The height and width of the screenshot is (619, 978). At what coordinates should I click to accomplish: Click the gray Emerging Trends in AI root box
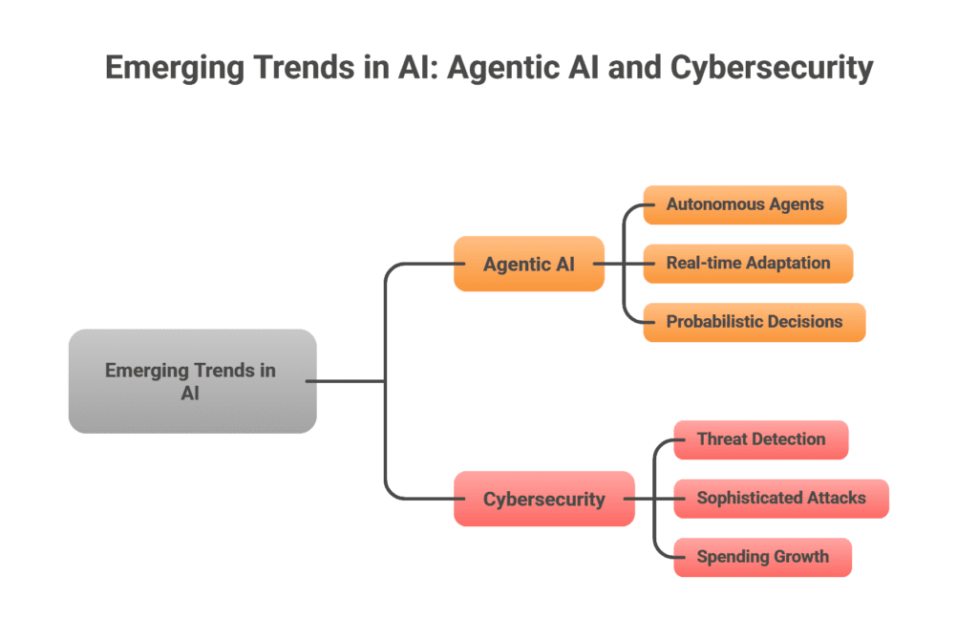[192, 381]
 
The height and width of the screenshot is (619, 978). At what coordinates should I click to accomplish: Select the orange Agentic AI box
[528, 264]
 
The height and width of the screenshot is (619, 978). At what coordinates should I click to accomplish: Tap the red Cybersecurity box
[543, 499]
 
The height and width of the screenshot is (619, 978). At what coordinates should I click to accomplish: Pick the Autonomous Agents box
[744, 204]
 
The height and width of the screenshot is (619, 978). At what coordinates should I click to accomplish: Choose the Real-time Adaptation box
[748, 263]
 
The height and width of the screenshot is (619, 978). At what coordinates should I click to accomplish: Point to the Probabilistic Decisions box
[754, 322]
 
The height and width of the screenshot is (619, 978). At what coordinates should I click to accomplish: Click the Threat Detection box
[760, 439]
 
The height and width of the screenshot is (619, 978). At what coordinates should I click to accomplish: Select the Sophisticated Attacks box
[780, 498]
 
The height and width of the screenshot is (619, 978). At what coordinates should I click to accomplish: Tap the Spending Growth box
[762, 557]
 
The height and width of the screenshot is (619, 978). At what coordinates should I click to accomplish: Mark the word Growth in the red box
[797, 557]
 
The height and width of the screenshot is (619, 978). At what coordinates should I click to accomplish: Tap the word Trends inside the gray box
[224, 371]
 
